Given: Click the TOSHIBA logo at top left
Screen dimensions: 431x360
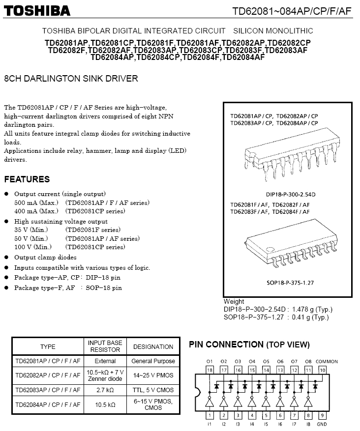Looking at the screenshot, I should coord(37,11).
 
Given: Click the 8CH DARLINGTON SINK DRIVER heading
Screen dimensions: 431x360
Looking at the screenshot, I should coord(71,79).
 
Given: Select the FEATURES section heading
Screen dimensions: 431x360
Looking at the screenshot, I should coord(27,179).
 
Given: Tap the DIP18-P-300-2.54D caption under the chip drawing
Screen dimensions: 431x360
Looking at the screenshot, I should coord(287,195).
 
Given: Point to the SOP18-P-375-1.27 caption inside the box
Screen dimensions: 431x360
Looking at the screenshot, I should coord(287,284).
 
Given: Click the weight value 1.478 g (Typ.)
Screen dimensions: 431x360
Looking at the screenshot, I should coord(312,310).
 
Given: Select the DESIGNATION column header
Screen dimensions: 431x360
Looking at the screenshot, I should coord(153,346).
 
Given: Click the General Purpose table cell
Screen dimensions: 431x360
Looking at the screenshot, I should coord(153,361).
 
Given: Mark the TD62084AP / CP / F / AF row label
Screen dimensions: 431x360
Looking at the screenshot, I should coord(48,405).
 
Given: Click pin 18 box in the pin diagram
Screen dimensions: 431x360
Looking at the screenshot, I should coord(210,370).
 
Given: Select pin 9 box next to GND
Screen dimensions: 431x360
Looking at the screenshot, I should coord(323,415).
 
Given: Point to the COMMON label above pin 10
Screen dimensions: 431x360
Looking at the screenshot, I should coord(327,362).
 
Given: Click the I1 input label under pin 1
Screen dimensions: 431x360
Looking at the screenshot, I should coord(210,424).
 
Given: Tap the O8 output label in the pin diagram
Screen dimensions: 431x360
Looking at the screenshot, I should coord(308,362).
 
